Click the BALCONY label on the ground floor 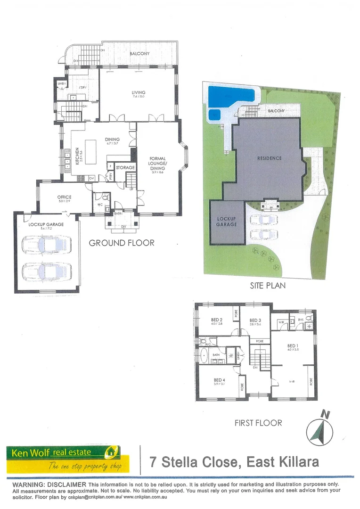click(139, 54)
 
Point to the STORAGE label click(125, 167)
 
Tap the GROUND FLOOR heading click(122, 243)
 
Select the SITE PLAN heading click(268, 286)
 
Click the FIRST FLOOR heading click(258, 423)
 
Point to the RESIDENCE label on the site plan click(269, 158)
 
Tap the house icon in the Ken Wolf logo click(111, 452)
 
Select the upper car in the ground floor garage click(47, 245)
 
